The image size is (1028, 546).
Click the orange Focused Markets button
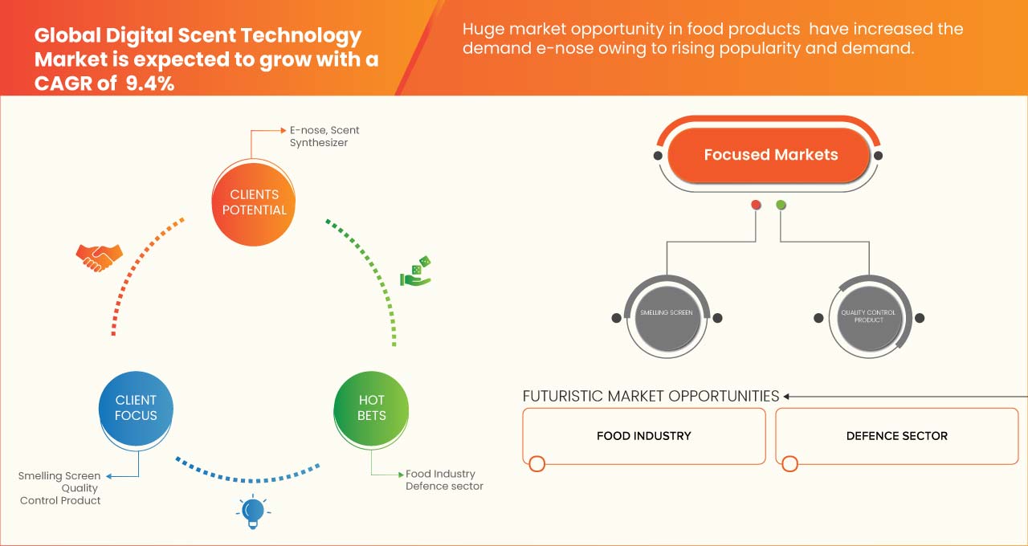click(770, 155)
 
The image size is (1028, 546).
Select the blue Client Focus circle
click(136, 407)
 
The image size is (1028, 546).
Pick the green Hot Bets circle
click(371, 407)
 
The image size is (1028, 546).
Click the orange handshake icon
click(99, 256)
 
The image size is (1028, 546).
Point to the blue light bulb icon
click(253, 511)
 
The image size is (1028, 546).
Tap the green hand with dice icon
click(416, 271)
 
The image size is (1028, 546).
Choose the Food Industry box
click(643, 436)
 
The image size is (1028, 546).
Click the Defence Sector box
click(896, 436)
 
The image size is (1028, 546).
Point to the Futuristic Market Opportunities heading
click(651, 396)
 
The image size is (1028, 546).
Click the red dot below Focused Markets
click(756, 206)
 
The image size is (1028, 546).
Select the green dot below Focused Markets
click(781, 206)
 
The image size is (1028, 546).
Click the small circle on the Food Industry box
click(537, 463)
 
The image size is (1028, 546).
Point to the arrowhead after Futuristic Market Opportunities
click(787, 396)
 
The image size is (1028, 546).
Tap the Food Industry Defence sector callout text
click(443, 480)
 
